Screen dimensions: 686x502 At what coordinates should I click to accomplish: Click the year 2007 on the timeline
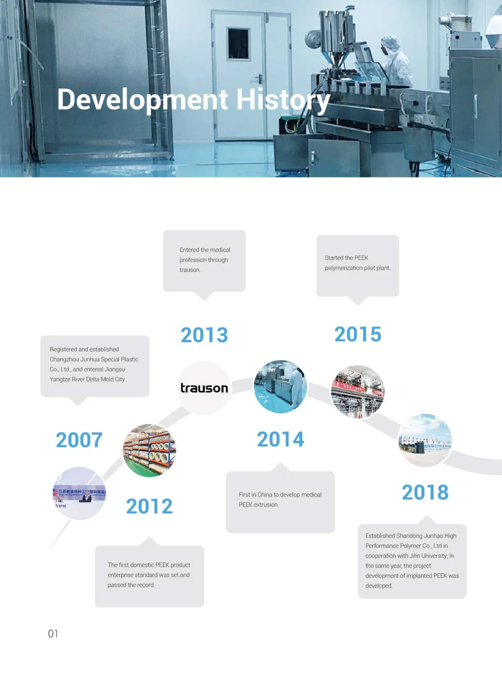coord(79,440)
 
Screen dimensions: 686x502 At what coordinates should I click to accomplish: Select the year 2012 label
coord(149,506)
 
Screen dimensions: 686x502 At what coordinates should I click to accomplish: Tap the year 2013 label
coord(205,335)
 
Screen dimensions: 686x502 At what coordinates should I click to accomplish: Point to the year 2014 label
coord(280,440)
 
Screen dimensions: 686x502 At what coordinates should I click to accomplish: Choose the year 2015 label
coord(358,334)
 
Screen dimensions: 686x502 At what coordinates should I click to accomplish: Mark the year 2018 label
coord(425,493)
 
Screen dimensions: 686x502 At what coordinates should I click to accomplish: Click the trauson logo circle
coord(205,388)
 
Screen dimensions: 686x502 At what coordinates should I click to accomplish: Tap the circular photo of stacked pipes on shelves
coord(149,450)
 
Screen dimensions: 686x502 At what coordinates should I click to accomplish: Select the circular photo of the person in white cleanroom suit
coord(280,386)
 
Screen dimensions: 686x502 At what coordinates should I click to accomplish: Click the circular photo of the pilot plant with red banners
coord(358,392)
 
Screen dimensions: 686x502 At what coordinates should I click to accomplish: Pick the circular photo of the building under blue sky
coord(425,440)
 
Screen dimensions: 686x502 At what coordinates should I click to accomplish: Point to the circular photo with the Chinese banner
coord(79,493)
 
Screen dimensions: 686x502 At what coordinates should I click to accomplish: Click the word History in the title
coord(283,100)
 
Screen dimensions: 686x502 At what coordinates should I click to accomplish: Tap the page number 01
coord(53,633)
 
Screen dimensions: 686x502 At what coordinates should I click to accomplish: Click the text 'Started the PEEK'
coord(346,258)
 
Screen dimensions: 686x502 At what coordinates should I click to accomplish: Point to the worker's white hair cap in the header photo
coord(390,43)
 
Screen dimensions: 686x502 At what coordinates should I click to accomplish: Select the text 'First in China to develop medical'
coord(280,494)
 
